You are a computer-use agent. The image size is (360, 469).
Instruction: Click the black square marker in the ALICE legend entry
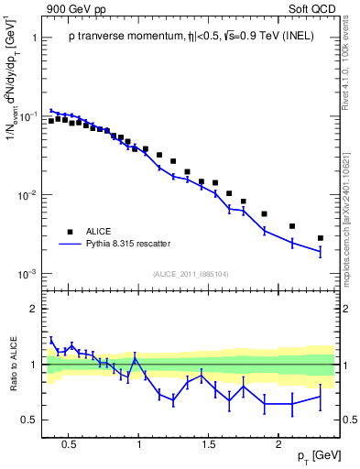pos(69,232)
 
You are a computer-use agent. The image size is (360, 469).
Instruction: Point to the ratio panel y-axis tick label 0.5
pos(29,420)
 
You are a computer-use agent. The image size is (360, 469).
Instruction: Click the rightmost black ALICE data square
pos(320,238)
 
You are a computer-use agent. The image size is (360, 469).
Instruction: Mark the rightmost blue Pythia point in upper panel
pos(320,251)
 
